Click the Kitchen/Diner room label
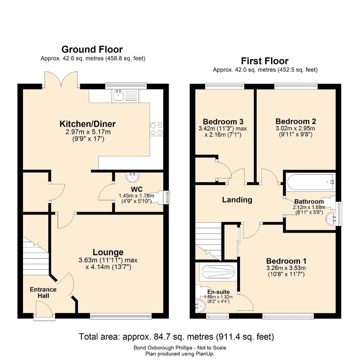click(x=87, y=124)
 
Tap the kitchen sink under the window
click(x=125, y=96)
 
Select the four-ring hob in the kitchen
click(x=157, y=129)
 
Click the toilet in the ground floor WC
click(x=158, y=197)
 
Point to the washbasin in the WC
click(x=132, y=177)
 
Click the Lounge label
click(x=108, y=252)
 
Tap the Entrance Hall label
click(x=43, y=293)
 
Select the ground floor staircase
click(x=36, y=256)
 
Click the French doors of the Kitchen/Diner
click(x=61, y=79)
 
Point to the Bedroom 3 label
click(x=223, y=121)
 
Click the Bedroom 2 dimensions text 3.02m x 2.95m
click(x=295, y=128)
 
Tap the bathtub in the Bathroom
click(x=310, y=183)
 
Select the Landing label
click(x=237, y=200)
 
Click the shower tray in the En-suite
click(x=218, y=272)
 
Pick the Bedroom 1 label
click(x=286, y=261)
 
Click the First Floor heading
click(x=265, y=61)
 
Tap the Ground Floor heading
click(x=92, y=49)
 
